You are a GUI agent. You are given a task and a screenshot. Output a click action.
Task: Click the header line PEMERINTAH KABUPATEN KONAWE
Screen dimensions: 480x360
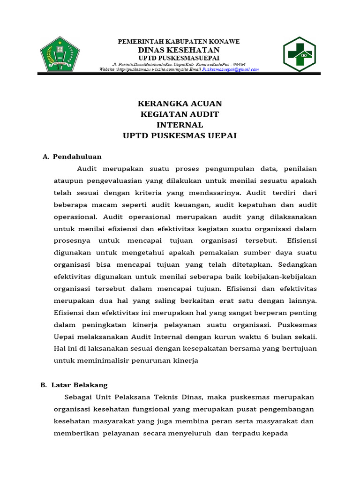178,42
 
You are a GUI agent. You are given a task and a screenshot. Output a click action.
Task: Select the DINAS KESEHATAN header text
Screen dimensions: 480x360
178,50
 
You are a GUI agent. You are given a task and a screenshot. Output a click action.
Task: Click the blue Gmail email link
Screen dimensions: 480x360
230,69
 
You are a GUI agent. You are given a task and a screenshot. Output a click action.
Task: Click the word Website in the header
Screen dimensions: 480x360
108,69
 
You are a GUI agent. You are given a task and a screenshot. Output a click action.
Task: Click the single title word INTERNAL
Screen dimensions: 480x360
180,125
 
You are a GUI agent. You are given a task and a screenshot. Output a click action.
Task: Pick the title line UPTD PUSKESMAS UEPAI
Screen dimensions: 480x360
180,136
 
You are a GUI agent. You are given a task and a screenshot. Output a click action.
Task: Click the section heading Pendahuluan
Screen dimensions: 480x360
77,157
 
